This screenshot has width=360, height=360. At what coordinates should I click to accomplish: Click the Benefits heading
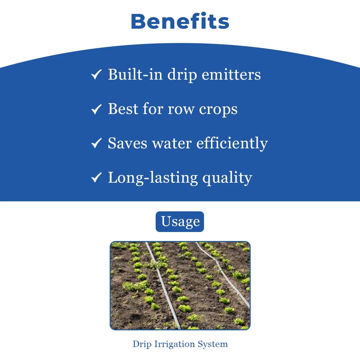point(180,21)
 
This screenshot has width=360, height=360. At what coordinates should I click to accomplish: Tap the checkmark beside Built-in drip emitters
point(96,75)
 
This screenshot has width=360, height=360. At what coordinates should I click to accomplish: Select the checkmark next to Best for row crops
point(96,109)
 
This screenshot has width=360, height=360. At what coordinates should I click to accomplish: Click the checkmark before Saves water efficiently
point(96,143)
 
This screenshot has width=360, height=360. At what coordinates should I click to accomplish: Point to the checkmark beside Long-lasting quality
point(96,178)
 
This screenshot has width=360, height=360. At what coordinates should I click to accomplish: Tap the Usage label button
point(180,222)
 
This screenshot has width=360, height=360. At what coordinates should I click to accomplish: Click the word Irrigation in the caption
point(175,344)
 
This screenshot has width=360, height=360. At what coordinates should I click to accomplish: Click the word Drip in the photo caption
point(142,344)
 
